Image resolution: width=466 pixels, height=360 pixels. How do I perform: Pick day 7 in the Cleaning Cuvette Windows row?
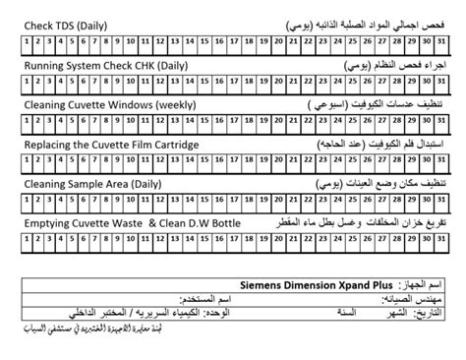99,121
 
